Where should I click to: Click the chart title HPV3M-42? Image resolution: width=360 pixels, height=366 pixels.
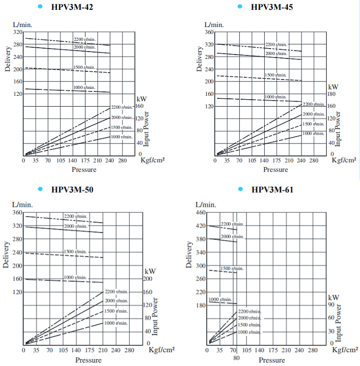pyautogui.click(x=75, y=7)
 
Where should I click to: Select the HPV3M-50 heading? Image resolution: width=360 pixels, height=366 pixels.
pyautogui.click(x=73, y=190)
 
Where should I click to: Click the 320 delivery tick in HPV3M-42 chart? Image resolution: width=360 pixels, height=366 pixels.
pyautogui.click(x=18, y=32)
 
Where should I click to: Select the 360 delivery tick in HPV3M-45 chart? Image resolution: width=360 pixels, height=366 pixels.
pyautogui.click(x=209, y=32)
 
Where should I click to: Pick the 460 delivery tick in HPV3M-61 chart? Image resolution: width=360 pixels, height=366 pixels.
pyautogui.click(x=200, y=213)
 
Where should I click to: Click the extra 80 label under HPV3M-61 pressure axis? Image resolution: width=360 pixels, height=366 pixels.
pyautogui.click(x=236, y=358)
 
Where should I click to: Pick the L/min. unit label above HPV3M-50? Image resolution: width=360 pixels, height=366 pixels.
pyautogui.click(x=22, y=204)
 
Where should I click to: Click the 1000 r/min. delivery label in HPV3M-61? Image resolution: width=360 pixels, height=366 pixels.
pyautogui.click(x=221, y=300)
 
